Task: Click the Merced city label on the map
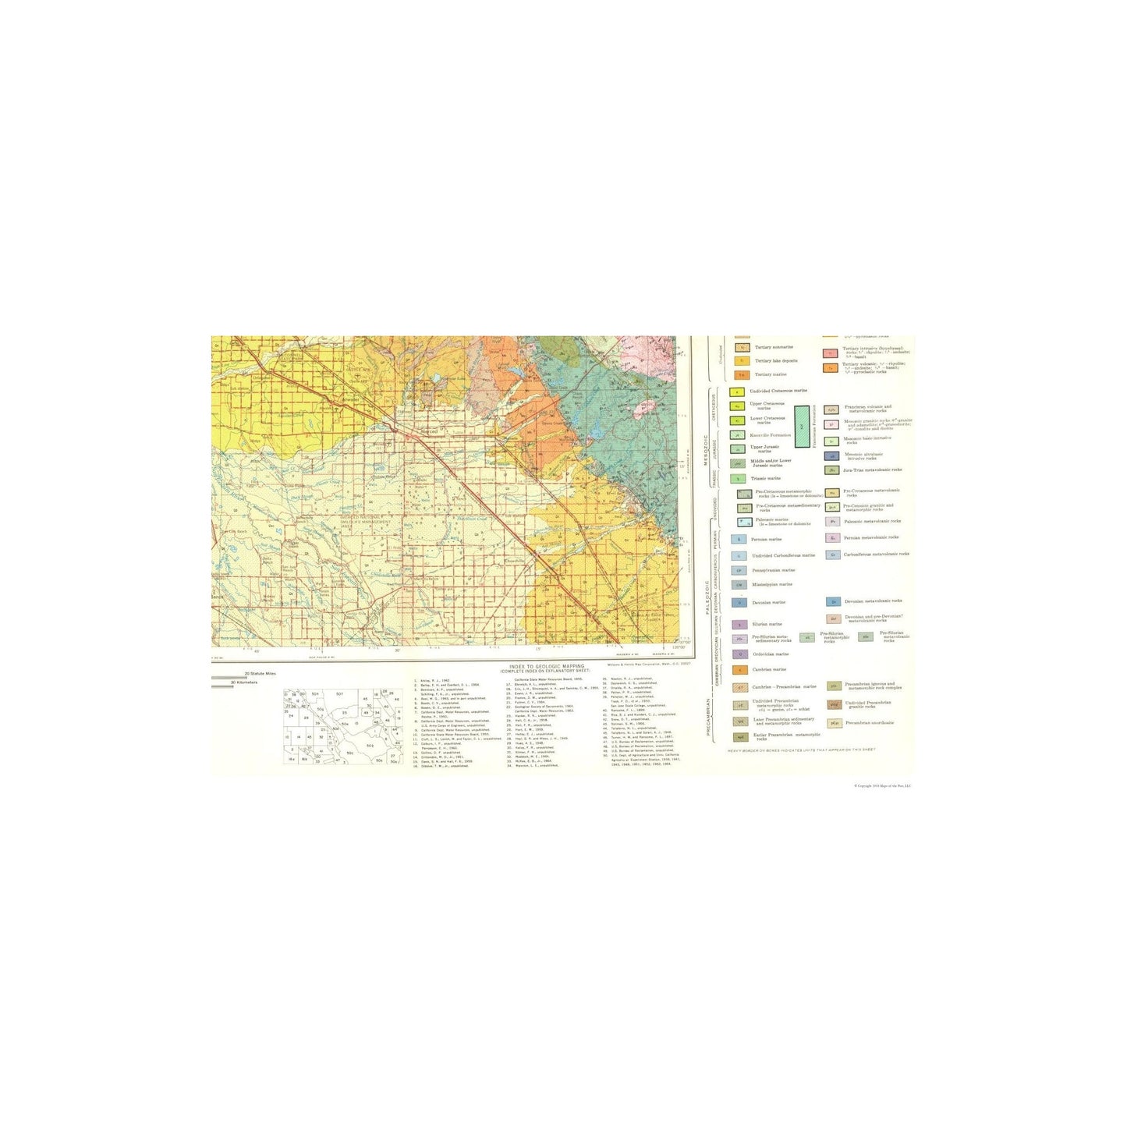pos(429,431)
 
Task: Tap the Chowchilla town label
pos(515,560)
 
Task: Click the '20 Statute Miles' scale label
pos(260,673)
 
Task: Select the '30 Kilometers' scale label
pos(244,682)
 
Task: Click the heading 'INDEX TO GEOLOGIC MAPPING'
pos(546,667)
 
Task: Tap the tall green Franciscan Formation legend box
pos(803,426)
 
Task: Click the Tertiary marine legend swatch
pos(742,375)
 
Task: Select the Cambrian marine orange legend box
pos(739,670)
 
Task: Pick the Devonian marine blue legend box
pos(739,603)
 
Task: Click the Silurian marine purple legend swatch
pos(739,625)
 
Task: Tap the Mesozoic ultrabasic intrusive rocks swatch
pos(832,456)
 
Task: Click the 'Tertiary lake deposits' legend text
pos(775,361)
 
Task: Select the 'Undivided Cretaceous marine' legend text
pos(778,391)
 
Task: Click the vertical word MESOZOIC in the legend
pos(706,451)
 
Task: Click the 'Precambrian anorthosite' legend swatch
pos(834,723)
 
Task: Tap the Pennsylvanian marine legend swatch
pos(739,570)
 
